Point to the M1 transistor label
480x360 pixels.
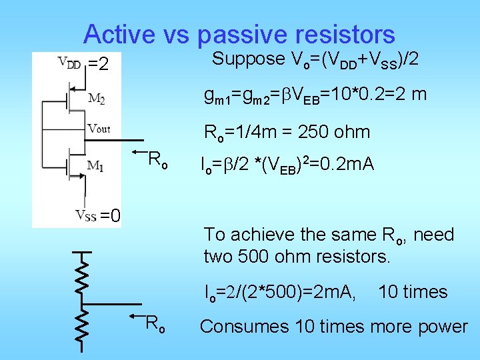97,165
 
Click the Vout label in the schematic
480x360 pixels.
99,128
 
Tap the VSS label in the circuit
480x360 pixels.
85,215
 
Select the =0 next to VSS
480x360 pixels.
110,215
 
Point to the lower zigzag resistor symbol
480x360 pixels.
81,325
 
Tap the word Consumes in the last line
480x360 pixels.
232,326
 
